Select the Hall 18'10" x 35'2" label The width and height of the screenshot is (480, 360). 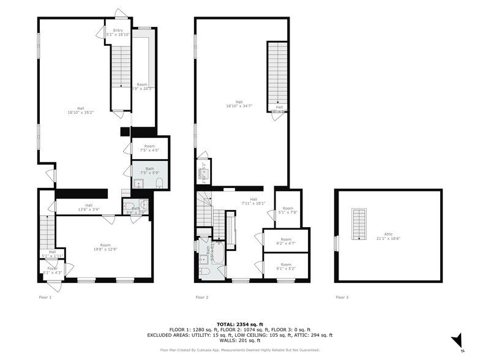(80, 111)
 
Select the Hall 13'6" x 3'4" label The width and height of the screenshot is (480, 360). (89, 208)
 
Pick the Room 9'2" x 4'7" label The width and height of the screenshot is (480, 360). (286, 242)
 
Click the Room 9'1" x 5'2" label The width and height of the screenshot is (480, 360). (286, 267)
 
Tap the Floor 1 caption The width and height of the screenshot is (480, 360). (46, 298)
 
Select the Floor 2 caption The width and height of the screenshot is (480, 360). (202, 298)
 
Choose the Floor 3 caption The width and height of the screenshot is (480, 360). (342, 298)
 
